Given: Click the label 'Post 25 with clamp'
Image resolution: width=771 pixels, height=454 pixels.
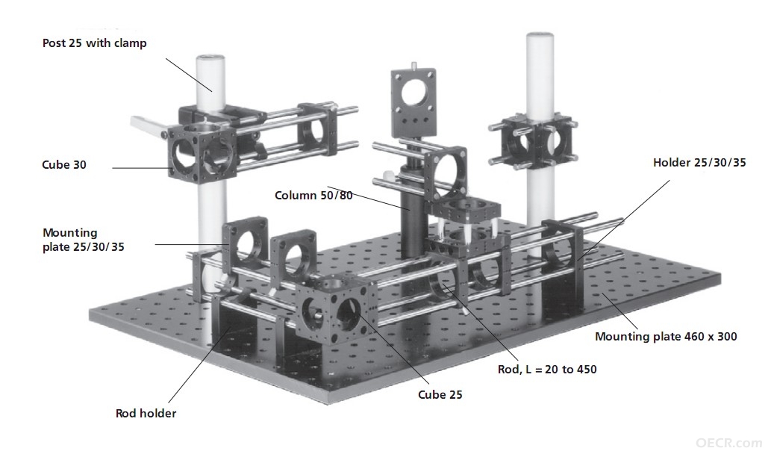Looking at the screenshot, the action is (94, 43).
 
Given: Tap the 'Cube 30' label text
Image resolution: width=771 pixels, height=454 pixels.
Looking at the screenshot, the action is (64, 165).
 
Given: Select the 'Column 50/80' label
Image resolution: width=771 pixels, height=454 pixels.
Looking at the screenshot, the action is (313, 196).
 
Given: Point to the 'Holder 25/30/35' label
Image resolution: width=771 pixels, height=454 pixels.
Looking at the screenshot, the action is (699, 162).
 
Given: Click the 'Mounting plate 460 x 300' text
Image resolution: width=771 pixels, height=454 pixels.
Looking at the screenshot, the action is (666, 337).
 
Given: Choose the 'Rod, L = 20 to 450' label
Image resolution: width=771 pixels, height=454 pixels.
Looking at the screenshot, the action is (547, 370).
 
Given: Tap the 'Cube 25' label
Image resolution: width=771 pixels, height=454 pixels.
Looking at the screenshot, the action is (440, 394).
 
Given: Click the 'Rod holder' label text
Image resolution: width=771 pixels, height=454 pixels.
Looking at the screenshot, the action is (146, 413).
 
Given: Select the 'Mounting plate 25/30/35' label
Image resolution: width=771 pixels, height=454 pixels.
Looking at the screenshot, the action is (83, 240).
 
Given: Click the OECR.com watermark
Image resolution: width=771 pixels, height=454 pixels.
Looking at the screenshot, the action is (728, 443).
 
